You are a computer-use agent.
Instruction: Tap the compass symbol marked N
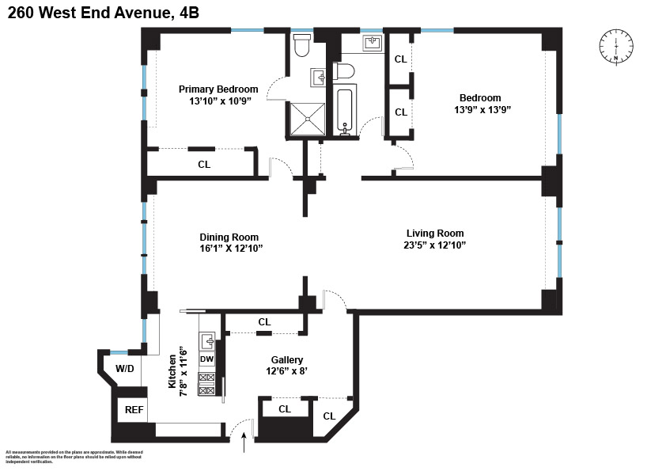point(615,46)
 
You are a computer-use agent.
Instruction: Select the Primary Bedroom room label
point(218,89)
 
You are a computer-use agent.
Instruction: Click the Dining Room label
point(229,237)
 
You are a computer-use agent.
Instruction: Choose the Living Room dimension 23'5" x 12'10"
point(435,245)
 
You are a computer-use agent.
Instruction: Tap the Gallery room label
point(286,359)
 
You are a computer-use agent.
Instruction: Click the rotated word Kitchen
point(172,371)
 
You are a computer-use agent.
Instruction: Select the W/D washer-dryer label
point(125,368)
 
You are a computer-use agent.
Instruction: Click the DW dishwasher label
point(206,359)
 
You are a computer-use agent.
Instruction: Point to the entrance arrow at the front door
point(244,443)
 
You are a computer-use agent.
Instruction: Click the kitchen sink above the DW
point(206,341)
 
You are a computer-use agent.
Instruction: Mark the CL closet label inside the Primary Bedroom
point(204,165)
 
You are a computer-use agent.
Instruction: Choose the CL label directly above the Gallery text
point(264,322)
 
